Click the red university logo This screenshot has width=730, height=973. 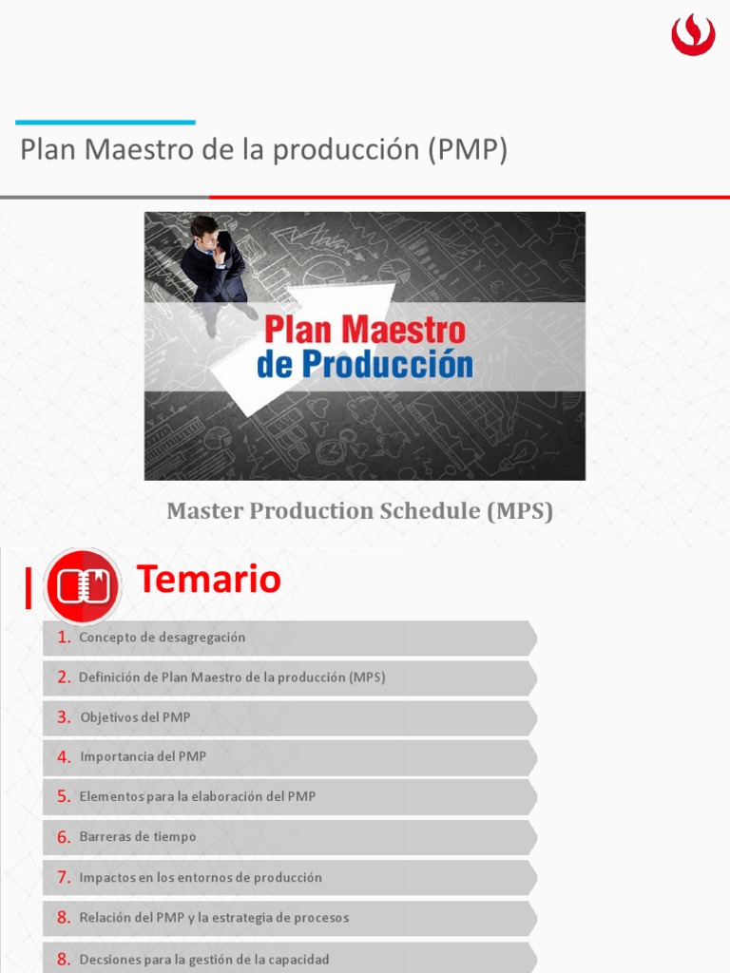[693, 36]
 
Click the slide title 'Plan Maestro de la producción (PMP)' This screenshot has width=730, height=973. [263, 149]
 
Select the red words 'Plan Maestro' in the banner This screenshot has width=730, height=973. [365, 330]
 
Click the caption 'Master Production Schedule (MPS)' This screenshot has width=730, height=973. [359, 511]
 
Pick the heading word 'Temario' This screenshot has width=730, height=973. [209, 579]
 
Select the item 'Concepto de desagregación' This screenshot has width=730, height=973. [162, 638]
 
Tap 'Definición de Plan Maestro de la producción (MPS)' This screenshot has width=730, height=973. [232, 677]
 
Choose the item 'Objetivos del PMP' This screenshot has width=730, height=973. [135, 717]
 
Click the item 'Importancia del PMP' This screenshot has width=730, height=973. [143, 757]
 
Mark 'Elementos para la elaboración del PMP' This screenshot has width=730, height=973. [198, 796]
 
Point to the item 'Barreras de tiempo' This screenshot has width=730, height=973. [138, 837]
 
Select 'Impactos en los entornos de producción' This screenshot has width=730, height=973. [201, 877]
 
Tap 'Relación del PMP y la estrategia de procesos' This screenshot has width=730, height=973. [214, 918]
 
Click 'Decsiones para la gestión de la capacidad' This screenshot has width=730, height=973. [204, 960]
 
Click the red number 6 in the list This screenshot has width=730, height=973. [64, 837]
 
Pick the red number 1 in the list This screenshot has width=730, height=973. [64, 638]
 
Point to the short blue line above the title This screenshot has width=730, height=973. [106, 123]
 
